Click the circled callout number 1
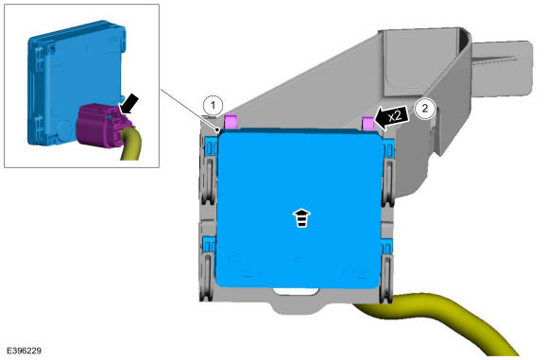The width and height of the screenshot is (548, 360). [214, 105]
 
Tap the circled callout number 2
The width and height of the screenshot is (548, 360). [425, 108]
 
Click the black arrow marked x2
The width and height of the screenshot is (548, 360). [392, 118]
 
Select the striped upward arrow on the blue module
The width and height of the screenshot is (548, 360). [302, 217]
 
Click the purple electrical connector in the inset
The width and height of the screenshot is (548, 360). [104, 125]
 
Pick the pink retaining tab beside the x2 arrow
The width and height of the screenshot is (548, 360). [368, 124]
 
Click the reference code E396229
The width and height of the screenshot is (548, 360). [25, 351]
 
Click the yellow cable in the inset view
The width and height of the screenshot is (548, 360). [130, 144]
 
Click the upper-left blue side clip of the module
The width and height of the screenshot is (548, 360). [211, 146]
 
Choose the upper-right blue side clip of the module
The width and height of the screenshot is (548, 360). [388, 147]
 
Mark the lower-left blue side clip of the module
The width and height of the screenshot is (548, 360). [210, 244]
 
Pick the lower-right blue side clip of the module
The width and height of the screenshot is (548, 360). [387, 246]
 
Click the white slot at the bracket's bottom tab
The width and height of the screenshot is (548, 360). [296, 291]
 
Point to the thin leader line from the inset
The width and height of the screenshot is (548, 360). [190, 110]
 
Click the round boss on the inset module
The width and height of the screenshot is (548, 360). [65, 130]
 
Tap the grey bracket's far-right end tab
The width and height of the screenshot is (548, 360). [503, 67]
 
